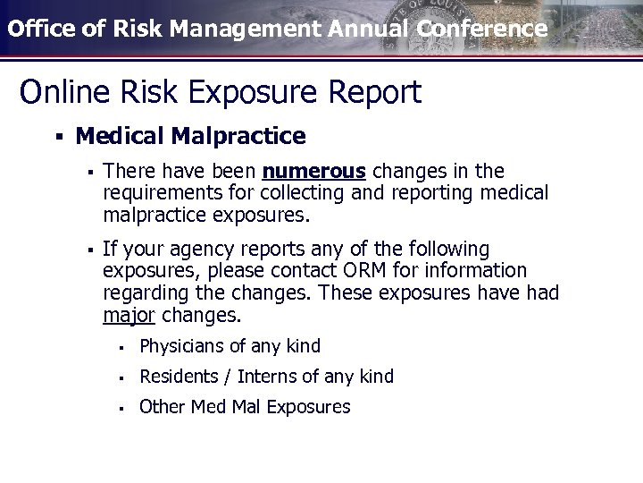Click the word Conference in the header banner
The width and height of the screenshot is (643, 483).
tap(481, 29)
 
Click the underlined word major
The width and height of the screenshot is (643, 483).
tap(129, 316)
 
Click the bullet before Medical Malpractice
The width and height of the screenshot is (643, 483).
tap(57, 137)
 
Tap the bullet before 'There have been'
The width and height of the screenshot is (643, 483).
tap(89, 170)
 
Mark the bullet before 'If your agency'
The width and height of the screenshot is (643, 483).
tap(89, 248)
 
